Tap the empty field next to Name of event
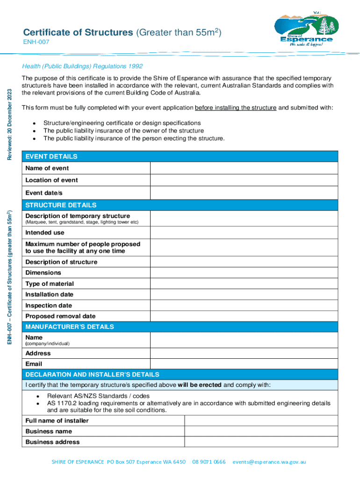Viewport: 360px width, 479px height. point(244,168)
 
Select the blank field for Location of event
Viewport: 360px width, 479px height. point(244,181)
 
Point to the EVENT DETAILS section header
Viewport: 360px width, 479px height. point(51,156)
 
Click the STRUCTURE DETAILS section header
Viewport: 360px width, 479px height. point(61,205)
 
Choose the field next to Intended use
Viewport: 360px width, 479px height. point(244,233)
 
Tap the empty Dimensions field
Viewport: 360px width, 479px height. point(244,273)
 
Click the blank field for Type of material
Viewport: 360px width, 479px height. point(244,284)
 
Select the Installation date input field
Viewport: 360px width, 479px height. point(244,295)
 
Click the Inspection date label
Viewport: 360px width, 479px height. point(49,305)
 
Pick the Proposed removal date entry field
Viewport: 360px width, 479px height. point(244,316)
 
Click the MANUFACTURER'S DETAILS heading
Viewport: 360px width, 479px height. point(70,327)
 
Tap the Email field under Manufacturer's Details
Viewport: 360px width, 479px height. point(244,364)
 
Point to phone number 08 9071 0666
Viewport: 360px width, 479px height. point(209,462)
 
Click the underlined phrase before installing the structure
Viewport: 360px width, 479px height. point(236,108)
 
